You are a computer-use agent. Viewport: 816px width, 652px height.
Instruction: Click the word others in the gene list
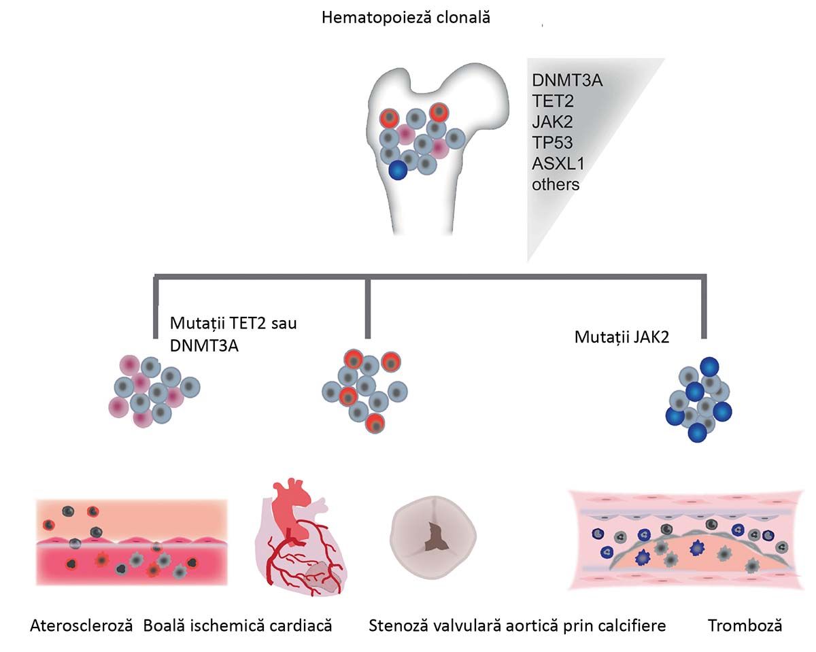[x=556, y=184]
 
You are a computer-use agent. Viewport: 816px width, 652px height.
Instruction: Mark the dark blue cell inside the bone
[x=398, y=170]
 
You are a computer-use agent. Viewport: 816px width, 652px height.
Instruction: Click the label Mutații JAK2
[x=622, y=337]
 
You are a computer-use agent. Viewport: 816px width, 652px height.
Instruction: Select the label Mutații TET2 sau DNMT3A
[x=233, y=334]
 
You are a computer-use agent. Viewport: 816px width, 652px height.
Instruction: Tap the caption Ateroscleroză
[x=80, y=625]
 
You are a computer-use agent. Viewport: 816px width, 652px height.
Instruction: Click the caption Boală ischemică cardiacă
[x=237, y=625]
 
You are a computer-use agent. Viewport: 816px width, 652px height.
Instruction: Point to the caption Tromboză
[x=745, y=625]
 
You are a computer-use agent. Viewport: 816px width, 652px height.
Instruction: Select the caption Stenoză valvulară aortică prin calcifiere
[x=517, y=625]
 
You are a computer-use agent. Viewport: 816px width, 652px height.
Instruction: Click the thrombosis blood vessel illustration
[x=690, y=541]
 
